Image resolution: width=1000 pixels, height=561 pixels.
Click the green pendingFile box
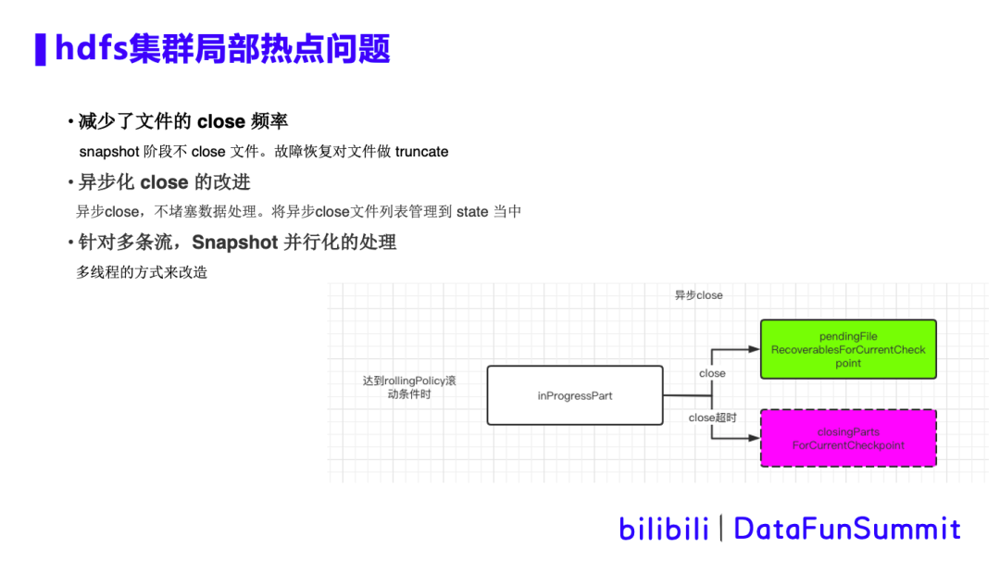[847, 349]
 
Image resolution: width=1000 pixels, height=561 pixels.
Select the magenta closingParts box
[847, 438]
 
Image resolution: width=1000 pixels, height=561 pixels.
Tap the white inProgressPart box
[575, 395]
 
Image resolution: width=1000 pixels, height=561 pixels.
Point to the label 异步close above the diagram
[698, 295]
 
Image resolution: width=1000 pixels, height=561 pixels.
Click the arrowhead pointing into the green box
[754, 350]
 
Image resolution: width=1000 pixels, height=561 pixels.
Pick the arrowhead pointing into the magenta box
[754, 438]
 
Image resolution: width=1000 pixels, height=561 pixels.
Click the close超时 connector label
[712, 418]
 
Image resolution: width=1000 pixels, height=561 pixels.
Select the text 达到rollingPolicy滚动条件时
[409, 387]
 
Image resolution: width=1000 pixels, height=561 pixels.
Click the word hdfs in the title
[91, 48]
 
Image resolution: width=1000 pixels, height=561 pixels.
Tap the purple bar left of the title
[40, 49]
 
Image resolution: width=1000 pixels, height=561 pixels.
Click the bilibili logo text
[663, 529]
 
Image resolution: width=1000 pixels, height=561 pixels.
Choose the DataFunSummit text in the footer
[846, 529]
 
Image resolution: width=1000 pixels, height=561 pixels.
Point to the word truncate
[421, 152]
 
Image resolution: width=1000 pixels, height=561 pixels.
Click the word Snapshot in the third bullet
[235, 243]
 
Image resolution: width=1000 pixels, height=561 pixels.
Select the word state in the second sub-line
[472, 212]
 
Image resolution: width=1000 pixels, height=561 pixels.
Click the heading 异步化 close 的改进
[164, 181]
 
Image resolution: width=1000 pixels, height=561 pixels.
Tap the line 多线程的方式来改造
[142, 272]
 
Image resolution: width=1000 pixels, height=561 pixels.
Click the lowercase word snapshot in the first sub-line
[109, 152]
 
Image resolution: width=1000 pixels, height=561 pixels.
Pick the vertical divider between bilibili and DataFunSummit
[721, 529]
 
